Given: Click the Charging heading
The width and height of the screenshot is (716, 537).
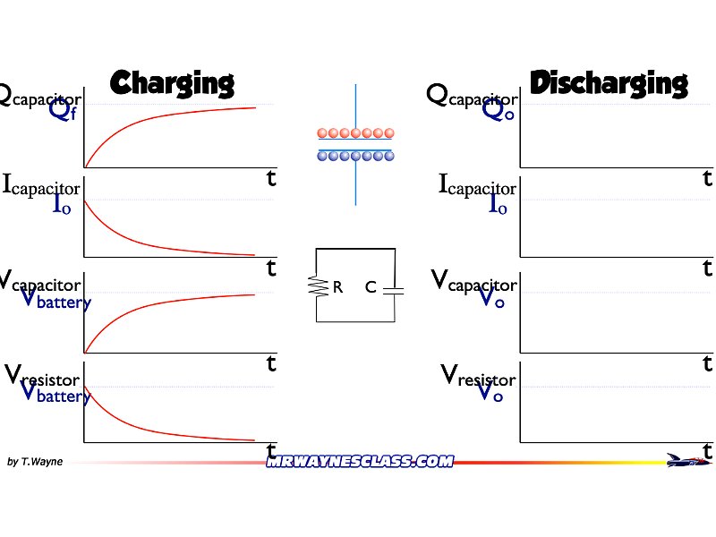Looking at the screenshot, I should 172,83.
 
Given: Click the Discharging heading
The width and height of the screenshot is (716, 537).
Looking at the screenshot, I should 609,83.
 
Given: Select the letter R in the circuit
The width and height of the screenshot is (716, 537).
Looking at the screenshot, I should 338,287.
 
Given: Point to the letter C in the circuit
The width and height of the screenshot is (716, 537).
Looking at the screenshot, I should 371,287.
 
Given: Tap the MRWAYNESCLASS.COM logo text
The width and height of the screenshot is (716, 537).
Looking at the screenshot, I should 360,461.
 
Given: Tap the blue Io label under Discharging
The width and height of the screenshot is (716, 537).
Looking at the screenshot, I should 499,204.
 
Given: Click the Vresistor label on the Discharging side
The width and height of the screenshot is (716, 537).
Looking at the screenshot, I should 479,375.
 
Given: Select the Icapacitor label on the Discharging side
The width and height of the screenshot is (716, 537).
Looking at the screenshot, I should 477,186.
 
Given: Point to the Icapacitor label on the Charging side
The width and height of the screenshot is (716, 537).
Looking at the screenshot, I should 41,186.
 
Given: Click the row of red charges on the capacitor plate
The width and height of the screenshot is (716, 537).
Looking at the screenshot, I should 355,133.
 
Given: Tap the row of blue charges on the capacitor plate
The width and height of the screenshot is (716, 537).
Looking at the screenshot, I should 355,155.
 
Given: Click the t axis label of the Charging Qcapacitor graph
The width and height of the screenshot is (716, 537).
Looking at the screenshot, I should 270,178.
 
